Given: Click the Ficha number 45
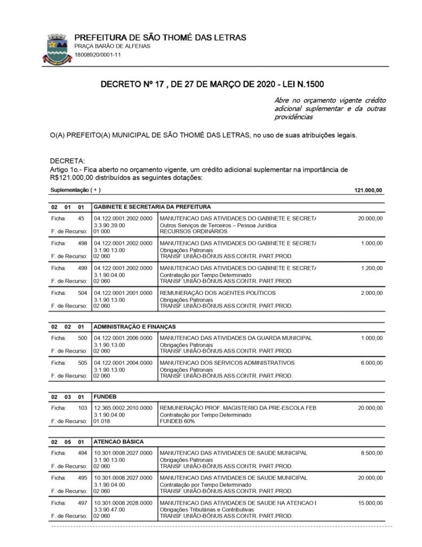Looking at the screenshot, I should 81,218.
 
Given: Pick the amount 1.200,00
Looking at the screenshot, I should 371,268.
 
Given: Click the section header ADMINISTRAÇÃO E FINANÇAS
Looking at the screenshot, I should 134,326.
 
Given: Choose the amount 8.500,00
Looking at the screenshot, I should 371,453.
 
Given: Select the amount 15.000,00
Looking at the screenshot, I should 370,503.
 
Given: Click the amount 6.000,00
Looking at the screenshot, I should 371,363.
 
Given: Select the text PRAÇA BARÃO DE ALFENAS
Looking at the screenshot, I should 112,46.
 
